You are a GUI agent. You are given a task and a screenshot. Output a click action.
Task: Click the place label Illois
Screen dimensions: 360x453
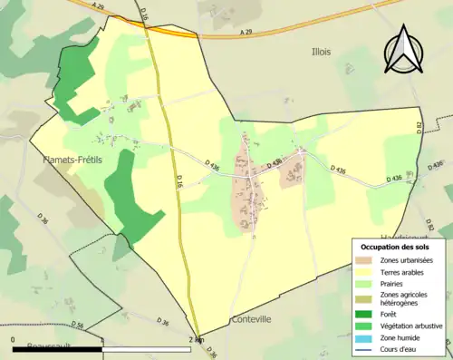click(x=323, y=53)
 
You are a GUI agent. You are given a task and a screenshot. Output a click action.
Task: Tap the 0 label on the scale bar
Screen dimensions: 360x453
click(x=14, y=340)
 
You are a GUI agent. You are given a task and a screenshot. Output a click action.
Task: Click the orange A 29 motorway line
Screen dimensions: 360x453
click(x=272, y=35)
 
